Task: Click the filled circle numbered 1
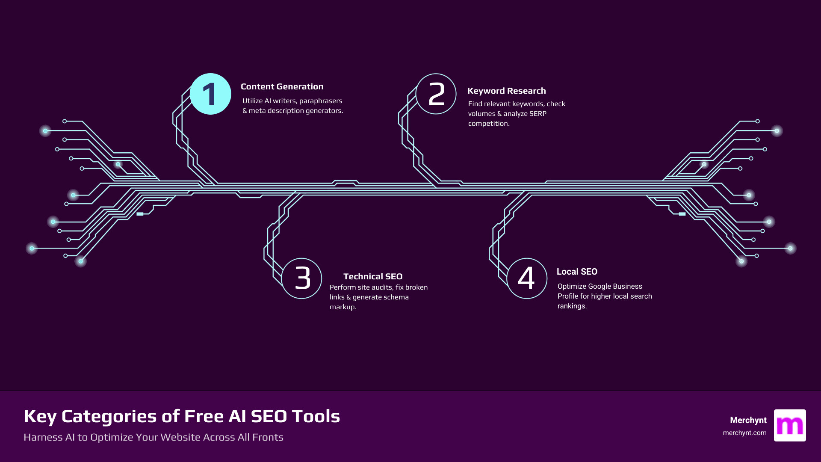(210, 94)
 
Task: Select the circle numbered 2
(436, 94)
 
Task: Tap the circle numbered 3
(302, 278)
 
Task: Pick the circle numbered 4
(527, 278)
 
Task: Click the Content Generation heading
(282, 87)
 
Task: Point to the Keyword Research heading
(506, 91)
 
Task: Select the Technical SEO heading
(373, 277)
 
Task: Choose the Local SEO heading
(577, 272)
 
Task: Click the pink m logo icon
(790, 425)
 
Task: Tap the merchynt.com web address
(744, 433)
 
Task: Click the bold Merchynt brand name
(748, 421)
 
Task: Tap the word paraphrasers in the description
(321, 101)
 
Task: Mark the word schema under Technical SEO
(396, 297)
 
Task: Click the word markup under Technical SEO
(343, 307)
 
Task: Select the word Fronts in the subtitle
(268, 437)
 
